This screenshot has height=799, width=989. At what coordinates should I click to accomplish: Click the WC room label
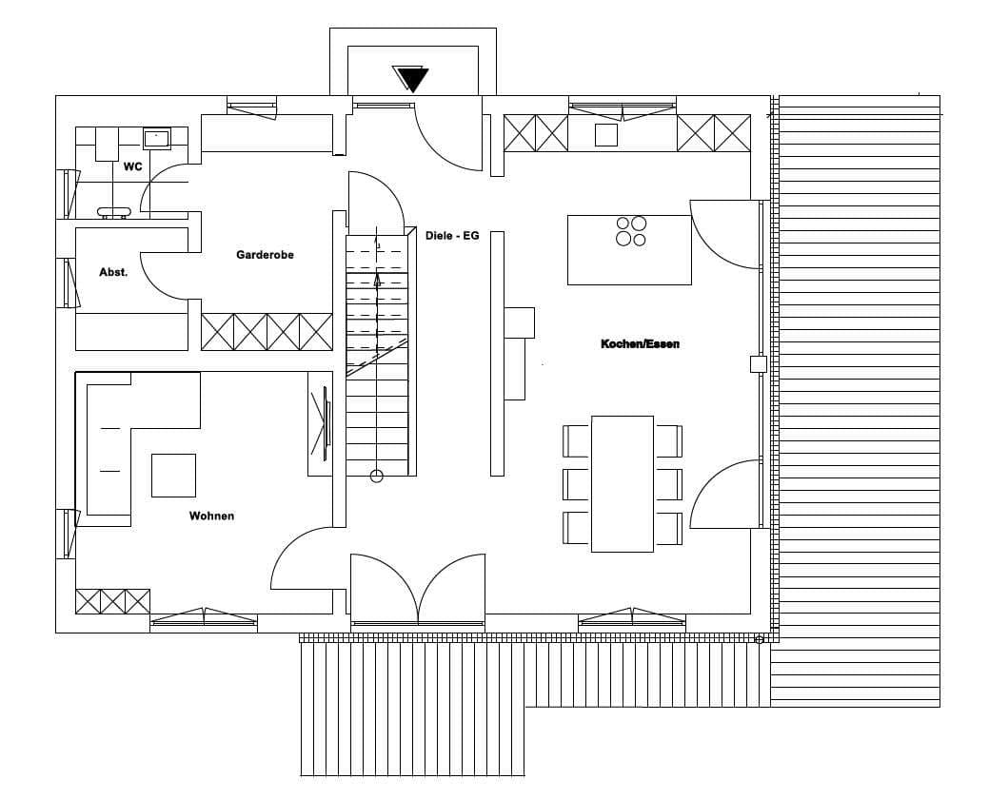(x=132, y=167)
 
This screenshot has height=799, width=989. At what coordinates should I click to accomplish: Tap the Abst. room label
(x=113, y=272)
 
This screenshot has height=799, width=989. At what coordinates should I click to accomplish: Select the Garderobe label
(x=265, y=255)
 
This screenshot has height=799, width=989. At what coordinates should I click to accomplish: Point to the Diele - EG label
(x=452, y=236)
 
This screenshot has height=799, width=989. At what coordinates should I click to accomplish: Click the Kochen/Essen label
(x=641, y=344)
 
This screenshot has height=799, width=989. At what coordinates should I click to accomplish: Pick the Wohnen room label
(x=212, y=516)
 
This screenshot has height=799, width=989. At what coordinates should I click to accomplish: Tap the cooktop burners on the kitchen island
(x=631, y=231)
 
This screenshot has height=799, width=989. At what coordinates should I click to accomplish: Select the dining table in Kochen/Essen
(x=622, y=484)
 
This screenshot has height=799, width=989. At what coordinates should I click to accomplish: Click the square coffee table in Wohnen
(x=173, y=475)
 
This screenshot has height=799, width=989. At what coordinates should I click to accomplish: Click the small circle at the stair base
(x=377, y=477)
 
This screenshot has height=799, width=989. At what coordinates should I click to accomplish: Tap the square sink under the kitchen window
(x=606, y=135)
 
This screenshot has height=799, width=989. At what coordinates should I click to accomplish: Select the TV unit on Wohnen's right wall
(x=320, y=423)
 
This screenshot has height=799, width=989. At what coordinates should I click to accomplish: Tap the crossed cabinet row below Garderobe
(x=267, y=331)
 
